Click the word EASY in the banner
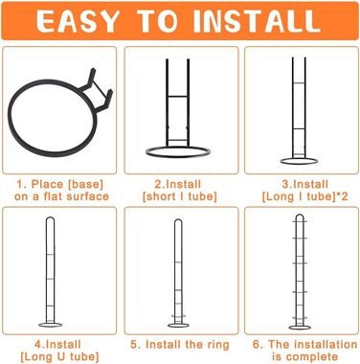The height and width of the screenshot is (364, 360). pos(78,21)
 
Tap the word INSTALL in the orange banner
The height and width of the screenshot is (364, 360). pos(257,21)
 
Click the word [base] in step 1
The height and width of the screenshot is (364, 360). pos(85,184)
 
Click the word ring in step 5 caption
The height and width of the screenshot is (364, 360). pos(217,345)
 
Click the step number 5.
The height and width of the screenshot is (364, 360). pos(134,345)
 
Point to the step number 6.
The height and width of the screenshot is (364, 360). pos(257,345)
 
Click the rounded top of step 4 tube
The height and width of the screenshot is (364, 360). pos(51,217)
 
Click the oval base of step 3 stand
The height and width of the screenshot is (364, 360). pos(299,164)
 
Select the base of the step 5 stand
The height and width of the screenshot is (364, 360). pos(178,327)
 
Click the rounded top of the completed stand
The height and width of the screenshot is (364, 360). pos(300,215)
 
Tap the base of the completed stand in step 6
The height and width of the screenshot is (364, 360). pos(300,329)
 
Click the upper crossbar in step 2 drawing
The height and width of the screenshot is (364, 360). pos(178,96)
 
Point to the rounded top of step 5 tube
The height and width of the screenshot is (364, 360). pos(178,220)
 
